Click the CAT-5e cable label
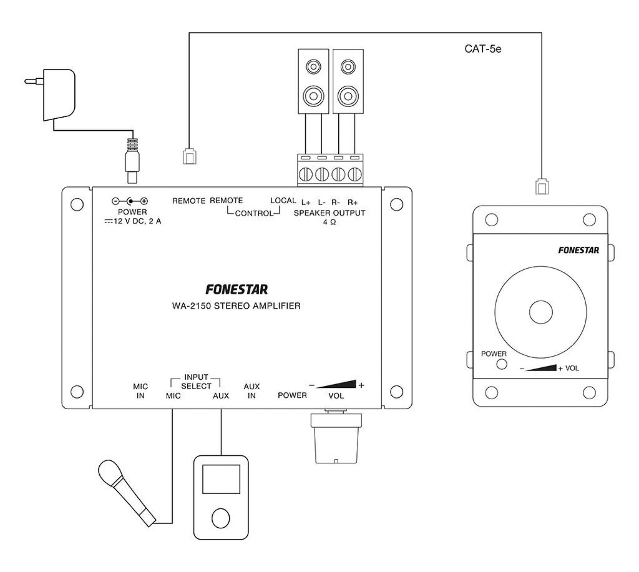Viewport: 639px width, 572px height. [483, 49]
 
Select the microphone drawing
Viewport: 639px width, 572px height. [127, 492]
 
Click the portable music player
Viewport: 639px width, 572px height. [221, 497]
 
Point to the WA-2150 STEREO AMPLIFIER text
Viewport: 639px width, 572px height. [236, 306]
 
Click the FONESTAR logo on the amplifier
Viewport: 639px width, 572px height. [236, 289]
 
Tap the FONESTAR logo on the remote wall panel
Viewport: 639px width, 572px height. [579, 250]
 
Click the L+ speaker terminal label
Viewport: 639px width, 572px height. [306, 203]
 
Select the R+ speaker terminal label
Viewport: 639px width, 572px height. [353, 203]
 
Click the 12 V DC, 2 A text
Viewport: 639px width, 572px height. [133, 221]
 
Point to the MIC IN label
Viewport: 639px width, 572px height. [140, 391]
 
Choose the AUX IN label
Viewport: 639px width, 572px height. [252, 391]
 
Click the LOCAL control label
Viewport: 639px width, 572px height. [283, 200]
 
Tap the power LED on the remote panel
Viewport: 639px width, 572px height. [501, 364]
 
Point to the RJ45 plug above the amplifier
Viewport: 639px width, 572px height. [190, 156]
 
